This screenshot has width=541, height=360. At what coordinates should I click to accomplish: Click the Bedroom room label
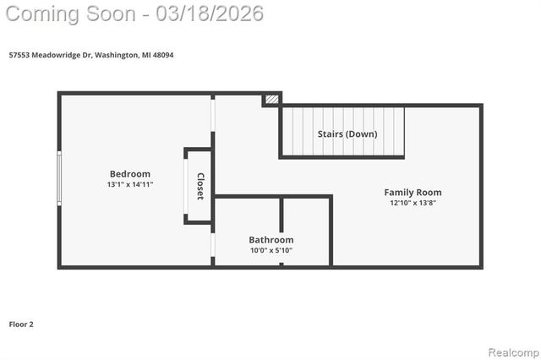(x=130, y=174)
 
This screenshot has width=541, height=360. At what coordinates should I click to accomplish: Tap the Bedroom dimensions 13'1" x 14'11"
(x=130, y=184)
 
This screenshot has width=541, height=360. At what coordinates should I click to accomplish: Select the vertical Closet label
(x=200, y=186)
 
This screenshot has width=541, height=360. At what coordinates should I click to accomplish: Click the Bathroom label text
(x=271, y=240)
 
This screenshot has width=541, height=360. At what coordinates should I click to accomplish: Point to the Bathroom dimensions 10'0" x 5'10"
(x=271, y=250)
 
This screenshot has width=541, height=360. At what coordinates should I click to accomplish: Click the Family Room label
(x=413, y=193)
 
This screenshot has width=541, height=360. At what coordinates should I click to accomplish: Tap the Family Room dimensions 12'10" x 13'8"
(x=413, y=203)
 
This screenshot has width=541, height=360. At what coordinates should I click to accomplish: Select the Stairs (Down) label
(x=347, y=134)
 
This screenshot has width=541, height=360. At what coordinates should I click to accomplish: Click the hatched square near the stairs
(x=271, y=99)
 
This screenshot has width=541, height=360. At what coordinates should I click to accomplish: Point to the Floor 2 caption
(x=21, y=324)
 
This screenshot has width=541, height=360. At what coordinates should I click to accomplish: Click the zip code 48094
(x=164, y=55)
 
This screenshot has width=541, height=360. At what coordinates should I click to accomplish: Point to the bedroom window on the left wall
(x=59, y=177)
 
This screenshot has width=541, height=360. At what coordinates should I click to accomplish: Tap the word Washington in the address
(x=117, y=55)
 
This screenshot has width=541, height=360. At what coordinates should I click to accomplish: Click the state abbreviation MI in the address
(x=146, y=55)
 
